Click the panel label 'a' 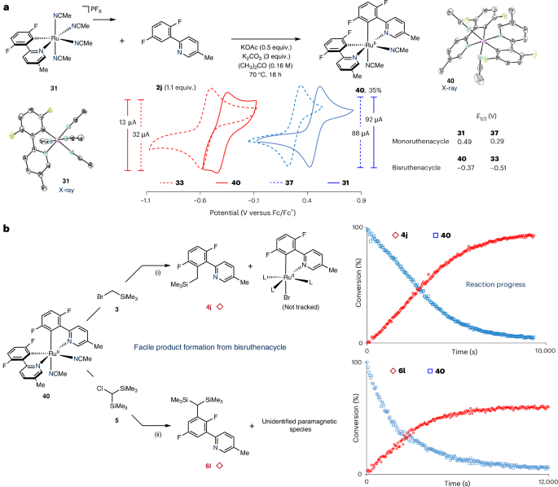tap(5, 6)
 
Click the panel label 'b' tap(5, 230)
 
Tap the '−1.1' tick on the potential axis tap(145, 198)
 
